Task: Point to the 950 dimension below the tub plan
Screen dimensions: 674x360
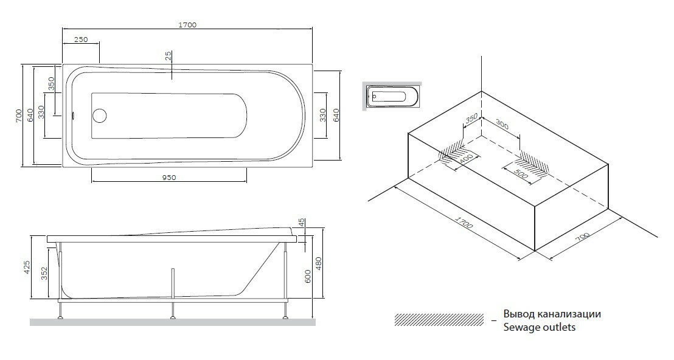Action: (168, 177)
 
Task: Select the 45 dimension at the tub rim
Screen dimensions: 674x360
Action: (302, 224)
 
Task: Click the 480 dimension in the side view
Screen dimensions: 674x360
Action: (319, 263)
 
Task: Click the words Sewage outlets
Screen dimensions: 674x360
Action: (539, 327)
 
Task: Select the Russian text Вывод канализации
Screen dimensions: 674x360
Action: (552, 314)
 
